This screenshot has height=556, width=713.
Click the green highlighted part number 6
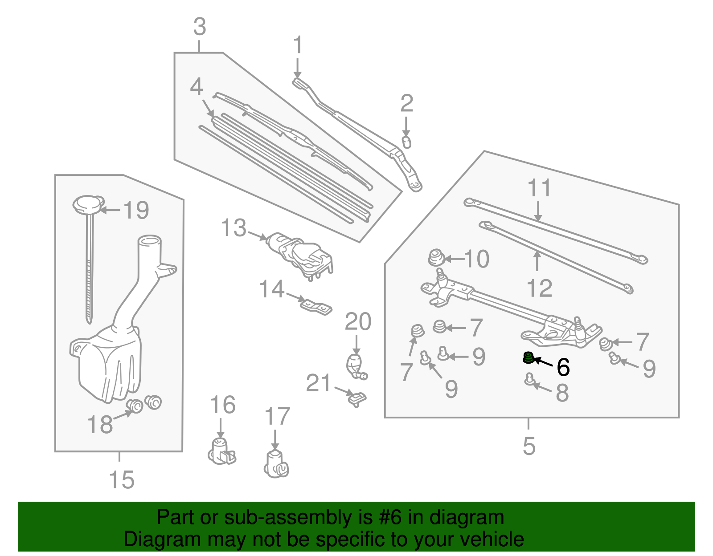[x=528, y=357]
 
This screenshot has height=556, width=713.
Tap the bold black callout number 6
[x=563, y=367]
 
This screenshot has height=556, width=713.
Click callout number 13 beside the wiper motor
[x=234, y=228]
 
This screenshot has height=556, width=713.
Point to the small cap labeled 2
[x=406, y=142]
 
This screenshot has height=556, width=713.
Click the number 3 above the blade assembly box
[x=199, y=27]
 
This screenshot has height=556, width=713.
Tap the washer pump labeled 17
[x=276, y=464]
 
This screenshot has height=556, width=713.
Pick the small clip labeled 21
[x=356, y=398]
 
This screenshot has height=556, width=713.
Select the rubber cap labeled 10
[x=435, y=258]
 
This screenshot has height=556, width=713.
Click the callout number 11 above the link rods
[x=539, y=188]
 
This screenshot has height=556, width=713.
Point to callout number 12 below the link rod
[x=539, y=288]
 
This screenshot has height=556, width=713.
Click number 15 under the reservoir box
[x=121, y=480]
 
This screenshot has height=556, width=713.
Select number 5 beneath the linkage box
[x=529, y=445]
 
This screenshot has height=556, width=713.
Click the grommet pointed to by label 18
[x=134, y=406]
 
